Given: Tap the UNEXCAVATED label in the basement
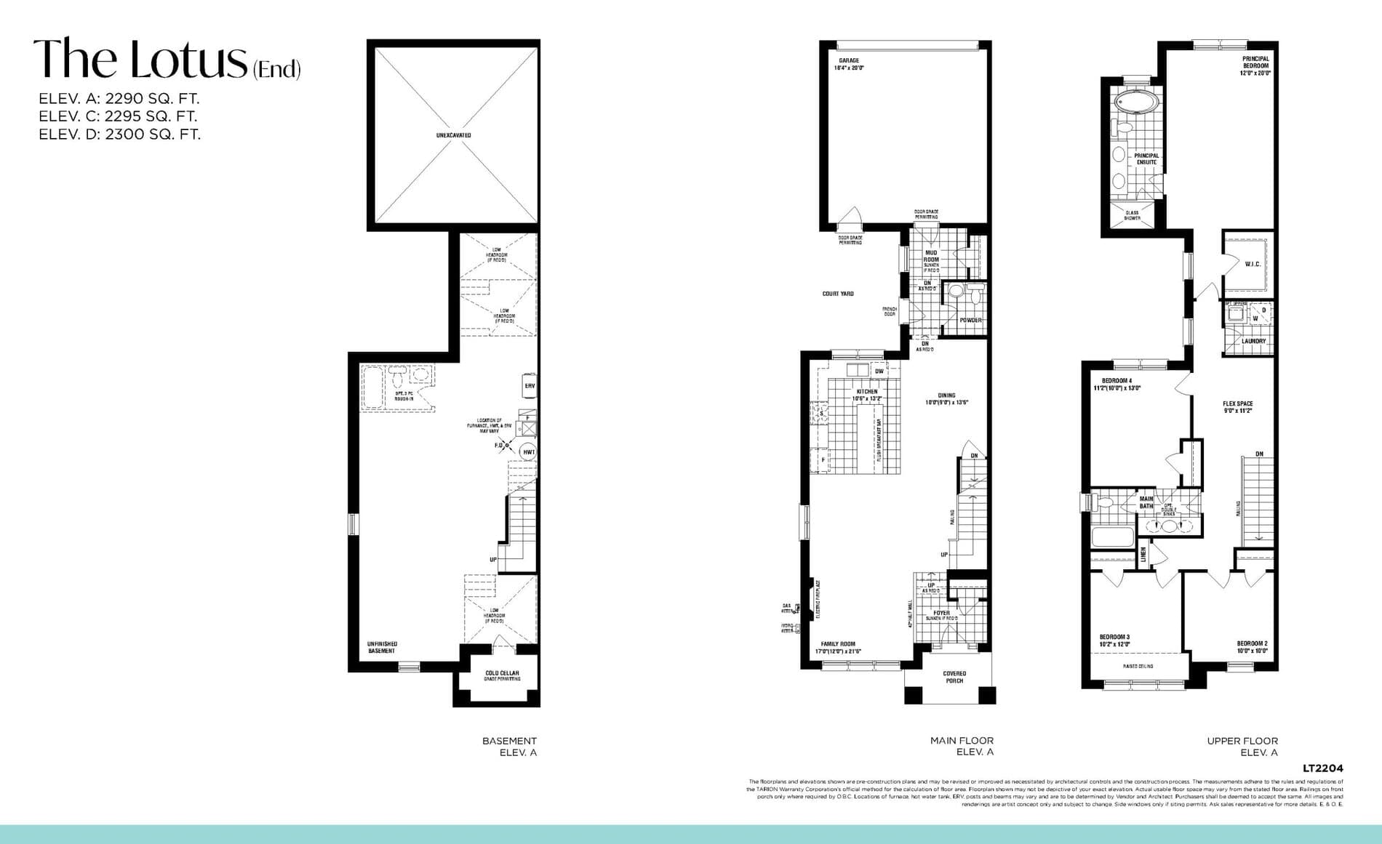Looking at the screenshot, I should tap(453, 135).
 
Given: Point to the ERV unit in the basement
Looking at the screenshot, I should tap(530, 386).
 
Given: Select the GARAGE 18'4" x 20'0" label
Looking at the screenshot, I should tap(849, 64).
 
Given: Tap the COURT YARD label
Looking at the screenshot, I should tap(838, 294).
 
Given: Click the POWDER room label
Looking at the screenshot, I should tap(970, 320).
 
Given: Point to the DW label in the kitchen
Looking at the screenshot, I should tap(879, 371).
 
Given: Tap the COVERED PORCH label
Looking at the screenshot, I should tap(954, 677).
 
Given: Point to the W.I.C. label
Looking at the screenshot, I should tap(1253, 265).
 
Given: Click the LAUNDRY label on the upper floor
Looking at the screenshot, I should tap(1253, 341).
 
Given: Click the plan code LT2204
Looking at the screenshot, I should tap(1322, 768).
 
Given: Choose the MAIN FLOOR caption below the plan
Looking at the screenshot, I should tap(962, 741).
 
